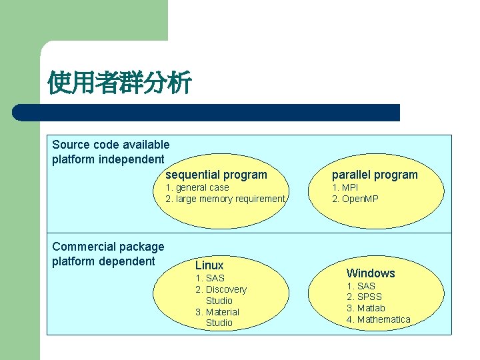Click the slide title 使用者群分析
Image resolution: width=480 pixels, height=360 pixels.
pyautogui.click(x=120, y=83)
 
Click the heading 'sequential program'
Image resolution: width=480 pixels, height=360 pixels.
pyautogui.click(x=216, y=175)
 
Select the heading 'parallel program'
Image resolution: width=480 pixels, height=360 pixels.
pyautogui.click(x=375, y=175)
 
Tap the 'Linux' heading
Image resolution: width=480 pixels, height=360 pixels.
pyautogui.click(x=209, y=265)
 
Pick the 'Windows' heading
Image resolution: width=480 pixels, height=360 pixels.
pyautogui.click(x=371, y=273)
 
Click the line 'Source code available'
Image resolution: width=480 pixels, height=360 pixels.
pyautogui.click(x=111, y=145)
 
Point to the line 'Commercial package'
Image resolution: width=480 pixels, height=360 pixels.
pyautogui.click(x=108, y=247)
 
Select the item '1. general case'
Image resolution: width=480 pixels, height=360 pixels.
pyautogui.click(x=197, y=187)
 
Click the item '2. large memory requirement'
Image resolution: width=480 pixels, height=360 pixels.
pyautogui.click(x=225, y=199)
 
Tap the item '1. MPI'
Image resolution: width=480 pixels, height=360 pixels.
pyautogui.click(x=345, y=187)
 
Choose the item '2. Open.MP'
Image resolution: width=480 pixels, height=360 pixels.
pyautogui.click(x=355, y=199)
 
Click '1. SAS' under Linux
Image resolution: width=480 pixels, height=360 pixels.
pyautogui.click(x=210, y=278)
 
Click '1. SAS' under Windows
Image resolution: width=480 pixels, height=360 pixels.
pyautogui.click(x=361, y=286)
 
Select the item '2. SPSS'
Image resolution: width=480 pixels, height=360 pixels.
pyautogui.click(x=364, y=297)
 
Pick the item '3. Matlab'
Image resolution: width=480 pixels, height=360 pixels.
pyautogui.click(x=366, y=308)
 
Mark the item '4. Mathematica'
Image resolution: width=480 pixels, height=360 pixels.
pyautogui.click(x=378, y=319)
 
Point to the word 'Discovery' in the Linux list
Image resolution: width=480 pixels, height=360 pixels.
pyautogui.click(x=226, y=289)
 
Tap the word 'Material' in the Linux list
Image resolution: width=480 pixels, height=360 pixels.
pyautogui.click(x=222, y=312)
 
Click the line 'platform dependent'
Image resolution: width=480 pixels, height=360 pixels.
pyautogui.click(x=103, y=261)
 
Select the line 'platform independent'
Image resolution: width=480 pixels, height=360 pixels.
pyautogui.click(x=108, y=159)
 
